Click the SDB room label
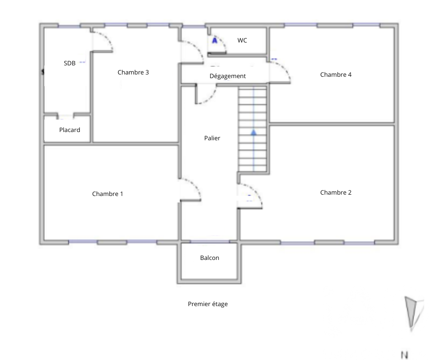[69, 64]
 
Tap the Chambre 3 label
[133, 72]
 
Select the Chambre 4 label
[336, 74]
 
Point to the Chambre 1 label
[108, 194]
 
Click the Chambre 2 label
[336, 193]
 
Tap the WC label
[242, 40]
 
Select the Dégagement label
[228, 76]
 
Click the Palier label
[212, 138]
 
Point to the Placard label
[69, 130]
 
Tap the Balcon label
[209, 258]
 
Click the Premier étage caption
[208, 304]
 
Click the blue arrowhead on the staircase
[254, 132]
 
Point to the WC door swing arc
[222, 41]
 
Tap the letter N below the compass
[405, 355]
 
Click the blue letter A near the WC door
[215, 41]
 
